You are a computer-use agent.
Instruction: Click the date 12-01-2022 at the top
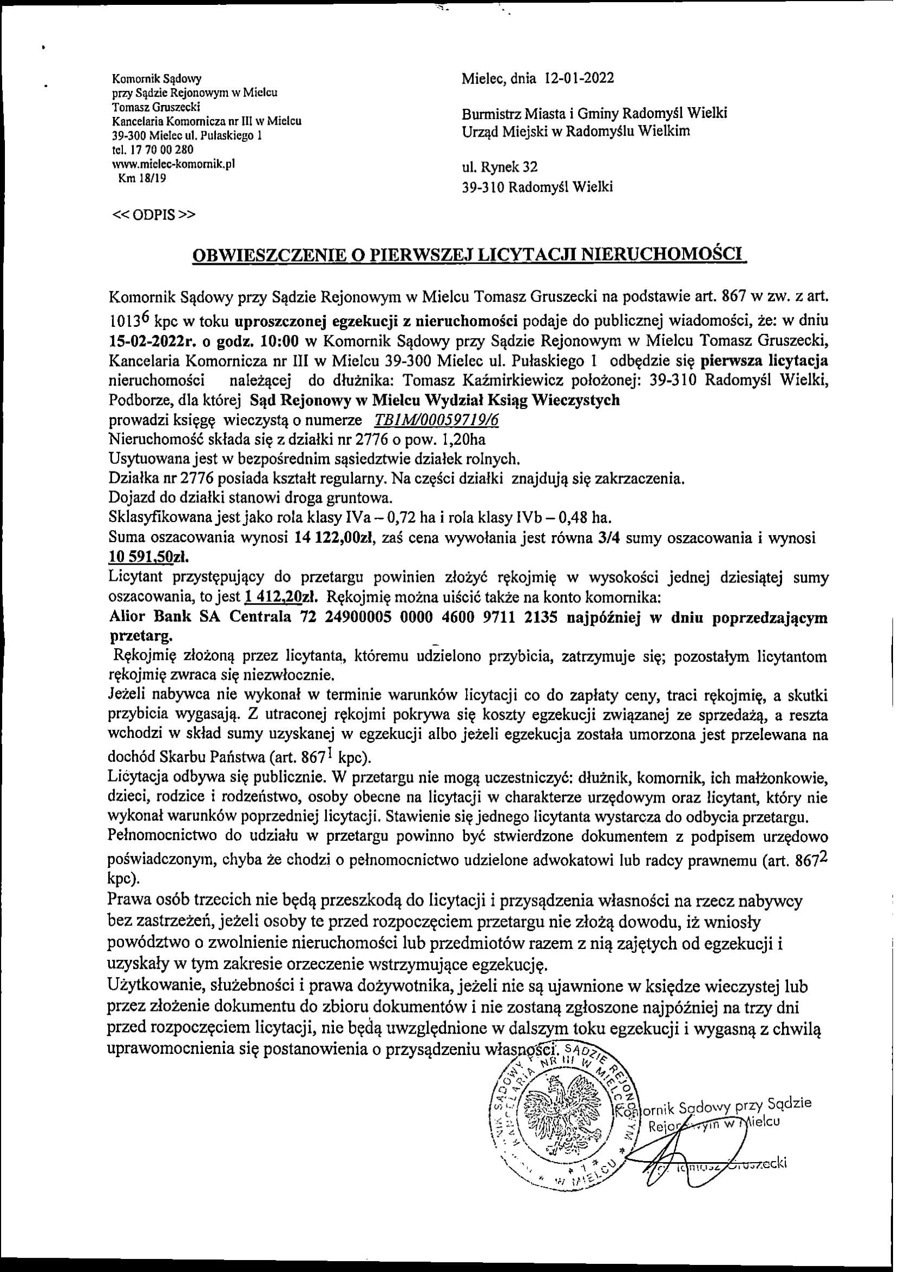pos(579,78)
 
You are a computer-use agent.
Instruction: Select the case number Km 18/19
pos(142,178)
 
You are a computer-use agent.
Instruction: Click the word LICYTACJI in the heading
pos(528,255)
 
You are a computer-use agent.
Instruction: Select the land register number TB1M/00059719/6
pos(437,419)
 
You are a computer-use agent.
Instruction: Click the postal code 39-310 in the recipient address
pos(483,187)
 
